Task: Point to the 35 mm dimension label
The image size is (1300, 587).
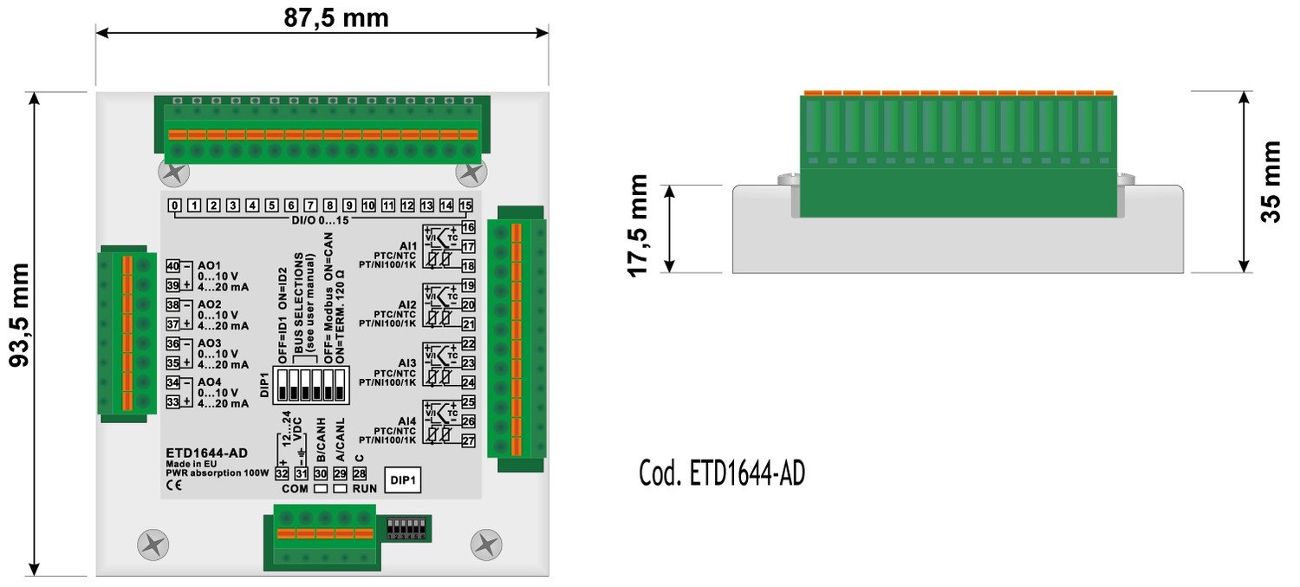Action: click(x=1271, y=181)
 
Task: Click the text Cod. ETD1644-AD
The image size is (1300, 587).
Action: click(x=721, y=473)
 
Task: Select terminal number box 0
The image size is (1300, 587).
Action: click(x=174, y=205)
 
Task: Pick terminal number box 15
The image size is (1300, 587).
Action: click(x=465, y=205)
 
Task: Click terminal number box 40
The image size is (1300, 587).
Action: click(x=172, y=266)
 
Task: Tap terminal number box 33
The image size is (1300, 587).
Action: click(x=172, y=402)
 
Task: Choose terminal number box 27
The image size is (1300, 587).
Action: click(x=468, y=441)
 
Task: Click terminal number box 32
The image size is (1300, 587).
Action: click(x=282, y=473)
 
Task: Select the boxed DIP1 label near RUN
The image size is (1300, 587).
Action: click(x=402, y=480)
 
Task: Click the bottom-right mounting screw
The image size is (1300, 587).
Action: click(x=485, y=545)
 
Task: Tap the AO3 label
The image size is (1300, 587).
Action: click(x=210, y=343)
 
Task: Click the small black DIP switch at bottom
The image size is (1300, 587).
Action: click(x=406, y=528)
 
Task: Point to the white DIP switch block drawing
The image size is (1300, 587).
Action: click(x=309, y=385)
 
